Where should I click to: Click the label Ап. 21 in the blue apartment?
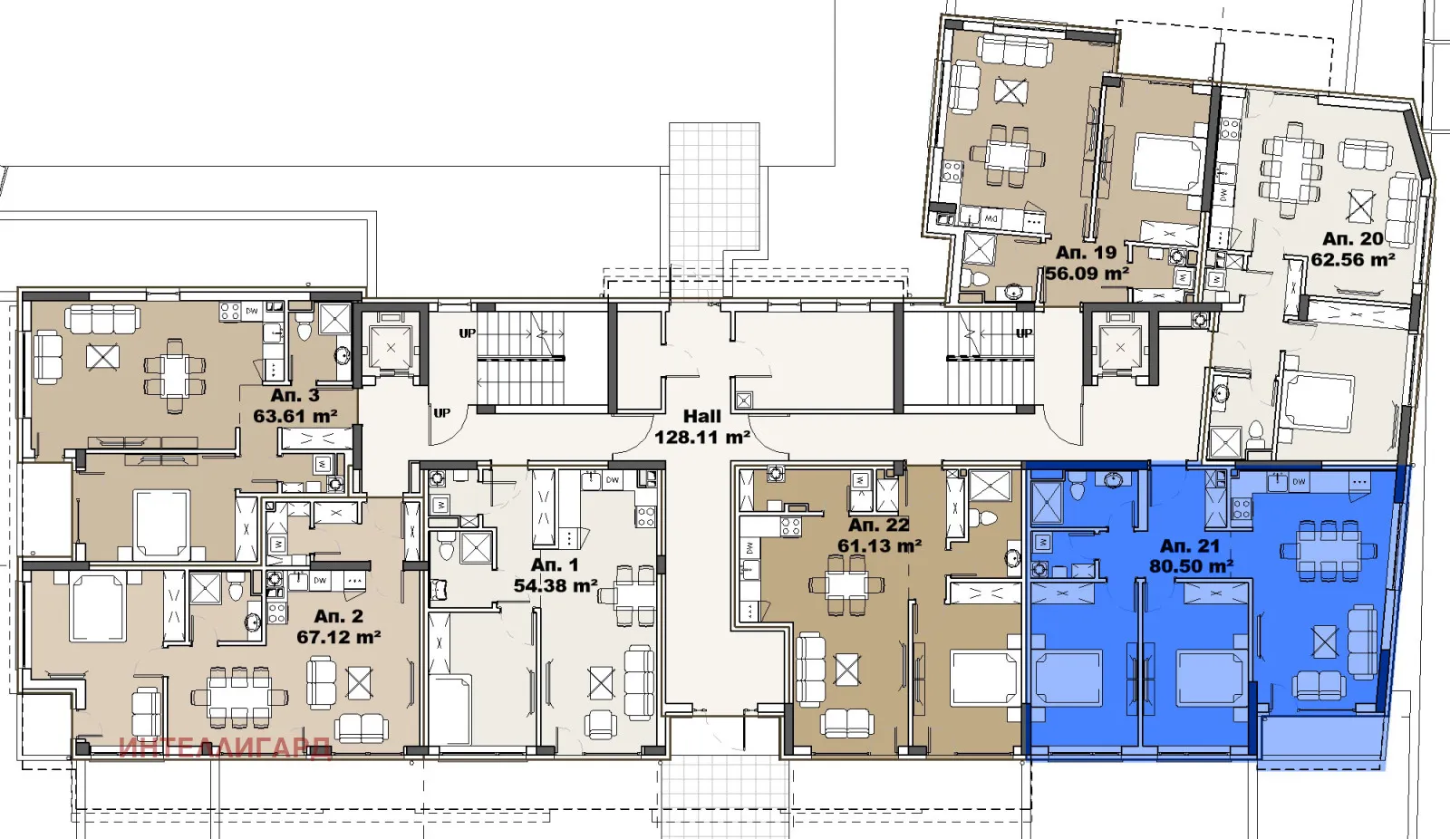point(1189,545)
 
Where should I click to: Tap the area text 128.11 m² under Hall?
point(701,438)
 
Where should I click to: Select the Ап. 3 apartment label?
point(295,395)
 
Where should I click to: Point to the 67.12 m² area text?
point(338,637)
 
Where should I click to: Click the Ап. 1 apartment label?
point(554,564)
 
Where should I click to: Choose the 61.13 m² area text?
point(878,545)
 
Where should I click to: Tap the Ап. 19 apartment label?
point(1086,253)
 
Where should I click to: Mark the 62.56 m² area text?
point(1352,260)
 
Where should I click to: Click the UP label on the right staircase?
point(1024,333)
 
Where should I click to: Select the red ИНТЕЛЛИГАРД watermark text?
point(225,748)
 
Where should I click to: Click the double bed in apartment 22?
point(984,679)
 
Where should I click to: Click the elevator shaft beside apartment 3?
point(391,346)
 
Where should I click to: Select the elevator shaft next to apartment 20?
point(1120,347)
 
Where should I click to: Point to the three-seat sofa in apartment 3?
point(101,318)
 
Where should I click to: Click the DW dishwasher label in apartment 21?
point(1299,482)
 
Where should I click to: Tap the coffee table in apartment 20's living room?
point(1360,206)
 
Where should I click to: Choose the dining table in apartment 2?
point(238,697)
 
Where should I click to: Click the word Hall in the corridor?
point(701,416)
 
